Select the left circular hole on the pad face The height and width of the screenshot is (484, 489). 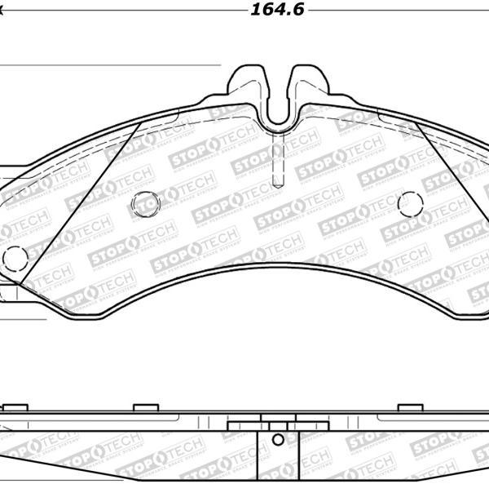(147, 203)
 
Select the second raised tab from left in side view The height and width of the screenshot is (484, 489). (145, 406)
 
